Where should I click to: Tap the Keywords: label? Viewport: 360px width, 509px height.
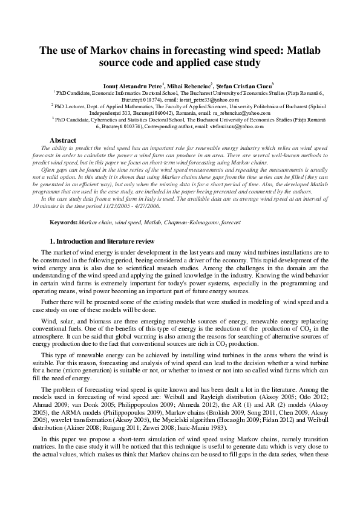(64, 223)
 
